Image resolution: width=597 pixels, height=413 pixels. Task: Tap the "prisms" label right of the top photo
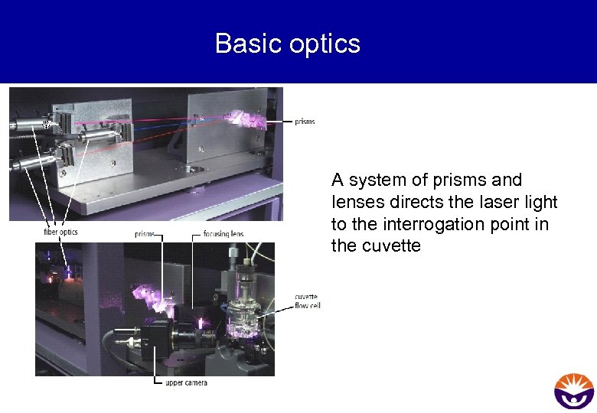tap(305, 122)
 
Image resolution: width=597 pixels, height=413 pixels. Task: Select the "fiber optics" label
tap(60, 232)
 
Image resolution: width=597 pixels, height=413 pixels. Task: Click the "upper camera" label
tap(186, 382)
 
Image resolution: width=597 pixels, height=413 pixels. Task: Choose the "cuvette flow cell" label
tap(307, 301)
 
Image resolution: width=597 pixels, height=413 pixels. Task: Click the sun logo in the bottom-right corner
tap(573, 391)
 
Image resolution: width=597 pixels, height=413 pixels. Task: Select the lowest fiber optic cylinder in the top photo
tap(34, 161)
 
